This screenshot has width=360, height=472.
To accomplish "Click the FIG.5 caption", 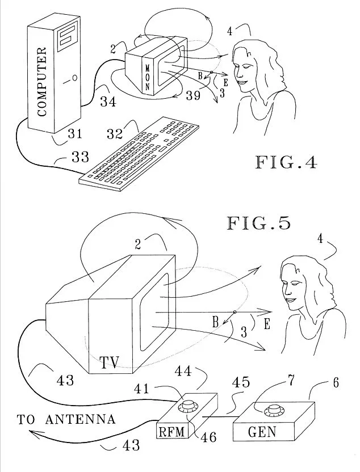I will click(259, 222).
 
